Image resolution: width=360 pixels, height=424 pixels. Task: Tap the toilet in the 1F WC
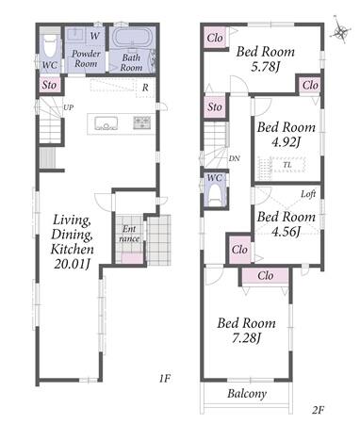49,47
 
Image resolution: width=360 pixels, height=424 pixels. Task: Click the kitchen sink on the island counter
106,123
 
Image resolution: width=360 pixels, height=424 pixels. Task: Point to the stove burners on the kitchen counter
142,122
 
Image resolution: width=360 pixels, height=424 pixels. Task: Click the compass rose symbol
340,30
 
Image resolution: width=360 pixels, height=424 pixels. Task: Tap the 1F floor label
164,379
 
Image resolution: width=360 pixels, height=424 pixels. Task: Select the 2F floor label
318,410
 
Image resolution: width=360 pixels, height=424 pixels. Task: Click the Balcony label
247,394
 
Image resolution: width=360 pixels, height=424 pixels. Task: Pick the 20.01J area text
73,264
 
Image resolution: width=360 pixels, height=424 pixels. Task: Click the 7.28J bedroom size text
247,337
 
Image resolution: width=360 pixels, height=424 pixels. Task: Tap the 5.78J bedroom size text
266,67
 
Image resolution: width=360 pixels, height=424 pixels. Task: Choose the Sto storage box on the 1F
50,85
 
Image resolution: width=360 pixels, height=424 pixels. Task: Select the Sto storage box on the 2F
215,106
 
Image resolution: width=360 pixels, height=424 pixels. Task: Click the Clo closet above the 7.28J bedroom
266,276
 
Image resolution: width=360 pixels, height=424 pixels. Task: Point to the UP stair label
69,107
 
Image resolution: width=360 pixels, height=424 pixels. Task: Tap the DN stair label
234,158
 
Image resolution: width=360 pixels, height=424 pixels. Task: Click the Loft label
308,194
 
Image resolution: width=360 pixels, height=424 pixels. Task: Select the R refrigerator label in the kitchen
145,88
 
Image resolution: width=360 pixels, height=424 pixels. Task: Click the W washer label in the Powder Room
94,36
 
